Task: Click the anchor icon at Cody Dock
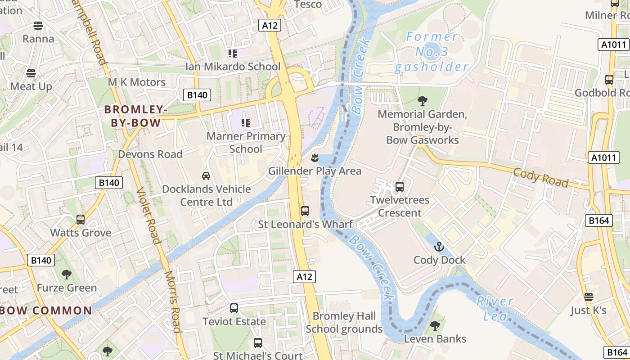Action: point(439,247)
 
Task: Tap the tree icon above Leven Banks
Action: point(435,325)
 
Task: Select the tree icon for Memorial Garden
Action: point(422,100)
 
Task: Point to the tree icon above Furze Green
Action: point(67,274)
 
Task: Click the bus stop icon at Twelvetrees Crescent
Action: point(400,186)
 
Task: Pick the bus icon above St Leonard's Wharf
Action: point(305,211)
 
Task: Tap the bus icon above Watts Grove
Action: point(81,220)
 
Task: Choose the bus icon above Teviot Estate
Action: point(234,308)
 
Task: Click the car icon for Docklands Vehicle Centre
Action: point(206,175)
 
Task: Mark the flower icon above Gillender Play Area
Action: point(315,157)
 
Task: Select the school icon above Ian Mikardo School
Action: point(233,54)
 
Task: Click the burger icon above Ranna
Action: point(38,25)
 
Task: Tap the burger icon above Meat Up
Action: point(31,73)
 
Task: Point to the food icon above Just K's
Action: point(588,297)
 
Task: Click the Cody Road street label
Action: point(540,177)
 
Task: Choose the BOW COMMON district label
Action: point(46,310)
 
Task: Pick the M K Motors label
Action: point(137,82)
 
